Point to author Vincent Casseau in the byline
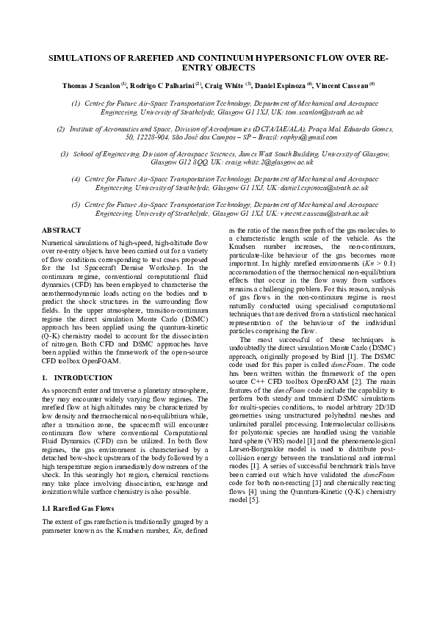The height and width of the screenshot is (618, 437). pos(342,85)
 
